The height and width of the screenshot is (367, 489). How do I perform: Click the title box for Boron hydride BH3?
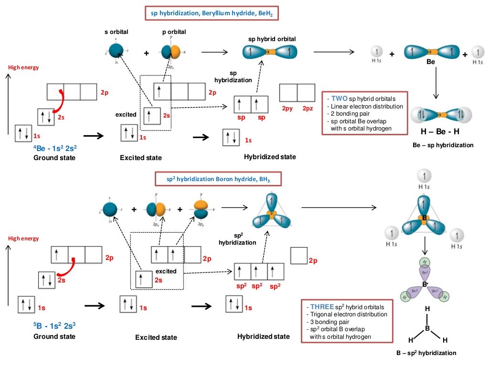click(x=218, y=179)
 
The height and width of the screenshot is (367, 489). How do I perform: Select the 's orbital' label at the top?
click(x=117, y=32)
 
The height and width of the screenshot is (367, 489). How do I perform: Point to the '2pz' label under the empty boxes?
click(x=307, y=109)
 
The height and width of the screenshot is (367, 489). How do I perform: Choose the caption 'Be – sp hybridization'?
click(x=443, y=145)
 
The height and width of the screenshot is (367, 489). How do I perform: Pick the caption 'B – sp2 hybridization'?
click(x=426, y=353)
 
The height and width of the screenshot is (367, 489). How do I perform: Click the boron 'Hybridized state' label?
click(x=263, y=336)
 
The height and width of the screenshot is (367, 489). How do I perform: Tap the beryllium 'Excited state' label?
click(x=141, y=158)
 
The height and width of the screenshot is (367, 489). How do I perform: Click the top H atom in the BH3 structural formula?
click(x=427, y=309)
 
